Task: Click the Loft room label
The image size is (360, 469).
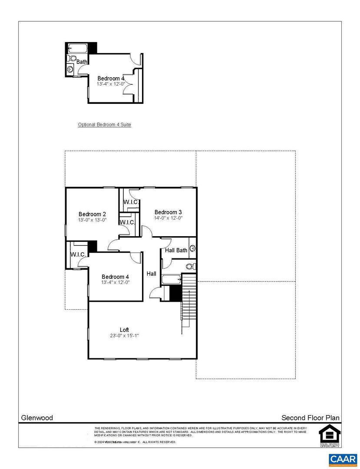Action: [x=124, y=330]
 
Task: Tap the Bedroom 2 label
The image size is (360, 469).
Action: [x=92, y=214]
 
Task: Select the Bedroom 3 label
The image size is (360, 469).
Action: [x=168, y=212]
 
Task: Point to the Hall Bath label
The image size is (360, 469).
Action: [x=176, y=250]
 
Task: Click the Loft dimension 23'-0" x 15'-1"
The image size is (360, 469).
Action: [x=124, y=336]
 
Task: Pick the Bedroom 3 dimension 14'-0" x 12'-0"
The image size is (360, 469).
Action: [x=168, y=218]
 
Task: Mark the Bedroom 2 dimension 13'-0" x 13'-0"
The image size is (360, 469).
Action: [x=92, y=220]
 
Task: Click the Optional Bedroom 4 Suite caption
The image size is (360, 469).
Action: [x=104, y=125]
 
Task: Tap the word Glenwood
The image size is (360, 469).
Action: [x=37, y=418]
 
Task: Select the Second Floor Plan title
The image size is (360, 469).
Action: [x=310, y=418]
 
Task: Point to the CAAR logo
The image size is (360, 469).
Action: [x=343, y=459]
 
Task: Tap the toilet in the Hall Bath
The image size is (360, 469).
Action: [x=190, y=266]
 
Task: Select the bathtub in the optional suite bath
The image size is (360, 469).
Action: [x=78, y=48]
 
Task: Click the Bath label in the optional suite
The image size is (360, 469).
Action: [x=82, y=62]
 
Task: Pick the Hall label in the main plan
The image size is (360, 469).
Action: [x=152, y=274]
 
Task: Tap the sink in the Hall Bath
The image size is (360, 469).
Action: [x=192, y=249]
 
